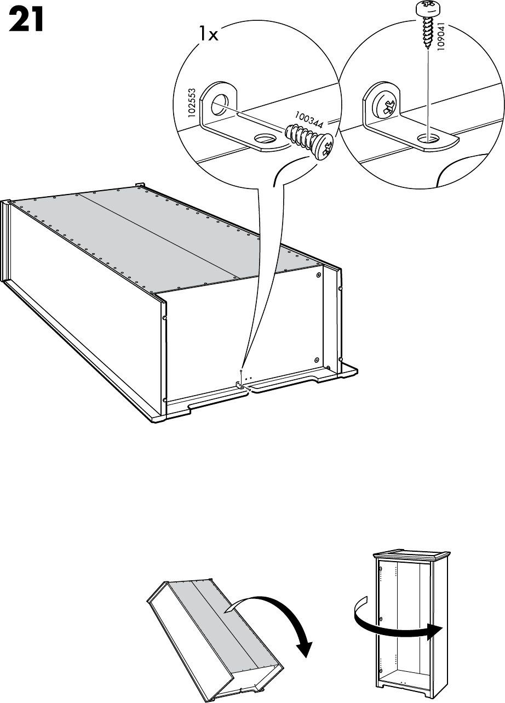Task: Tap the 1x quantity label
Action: [208, 35]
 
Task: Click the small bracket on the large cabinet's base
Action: [240, 385]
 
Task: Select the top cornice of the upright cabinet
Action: [410, 555]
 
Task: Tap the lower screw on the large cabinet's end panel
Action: [317, 360]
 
